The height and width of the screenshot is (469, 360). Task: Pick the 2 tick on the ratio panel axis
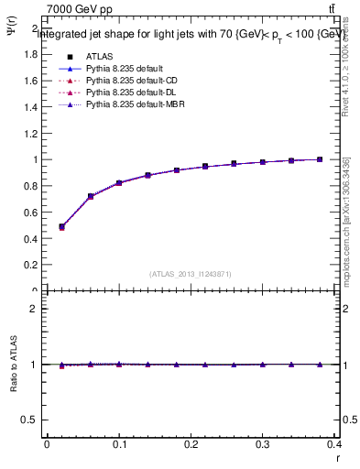(x=35, y=309)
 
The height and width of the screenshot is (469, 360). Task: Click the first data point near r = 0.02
(x=61, y=226)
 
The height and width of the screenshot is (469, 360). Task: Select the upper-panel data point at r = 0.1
(x=119, y=183)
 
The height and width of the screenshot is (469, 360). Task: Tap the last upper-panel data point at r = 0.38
(x=320, y=159)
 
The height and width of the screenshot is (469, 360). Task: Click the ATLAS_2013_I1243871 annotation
(x=191, y=273)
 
